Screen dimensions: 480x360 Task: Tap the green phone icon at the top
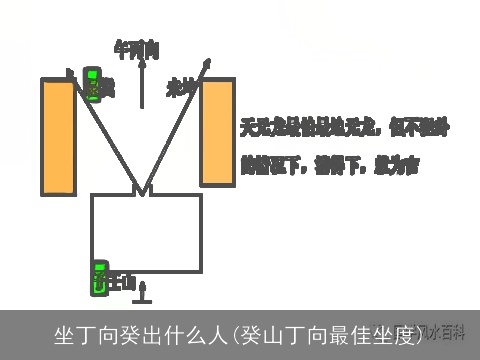pyautogui.click(x=93, y=83)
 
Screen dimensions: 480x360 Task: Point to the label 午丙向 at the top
pyautogui.click(x=136, y=47)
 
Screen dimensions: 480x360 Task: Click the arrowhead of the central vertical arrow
pyautogui.click(x=142, y=61)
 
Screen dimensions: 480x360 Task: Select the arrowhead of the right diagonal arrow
pyautogui.click(x=208, y=63)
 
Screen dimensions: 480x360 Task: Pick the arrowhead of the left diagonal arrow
pyautogui.click(x=71, y=73)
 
